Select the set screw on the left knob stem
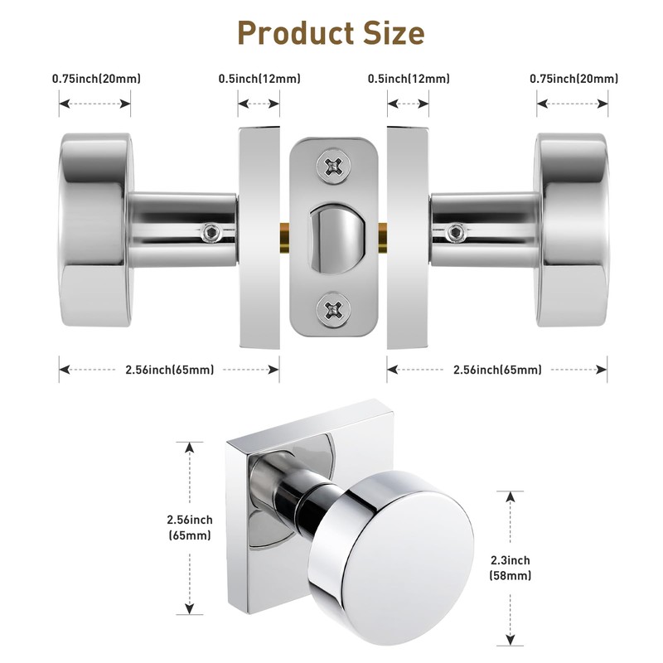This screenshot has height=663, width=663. coord(213,231)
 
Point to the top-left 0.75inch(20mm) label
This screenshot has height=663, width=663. coord(96,79)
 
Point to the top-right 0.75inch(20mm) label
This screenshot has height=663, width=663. coord(573,79)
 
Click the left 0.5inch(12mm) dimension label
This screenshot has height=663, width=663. coord(259,79)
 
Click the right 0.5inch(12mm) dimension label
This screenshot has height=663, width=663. coord(409,79)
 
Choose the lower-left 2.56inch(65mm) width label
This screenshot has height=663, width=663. coord(167,370)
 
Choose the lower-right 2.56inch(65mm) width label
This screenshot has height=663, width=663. coord(497,370)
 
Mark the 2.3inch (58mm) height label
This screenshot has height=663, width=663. coord(511,568)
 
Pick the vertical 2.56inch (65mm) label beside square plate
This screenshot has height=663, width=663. coord(190,527)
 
